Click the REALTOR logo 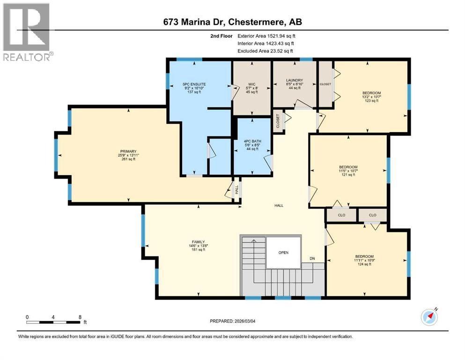pos(27,32)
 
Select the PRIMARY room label pos(129,155)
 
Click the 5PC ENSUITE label pos(194,88)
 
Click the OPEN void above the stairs pos(283,252)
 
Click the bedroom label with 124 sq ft pos(364,260)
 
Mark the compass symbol pos(429,317)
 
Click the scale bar pos(53,322)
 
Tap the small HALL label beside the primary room pos(236,189)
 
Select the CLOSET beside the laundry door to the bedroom pos(325,84)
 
